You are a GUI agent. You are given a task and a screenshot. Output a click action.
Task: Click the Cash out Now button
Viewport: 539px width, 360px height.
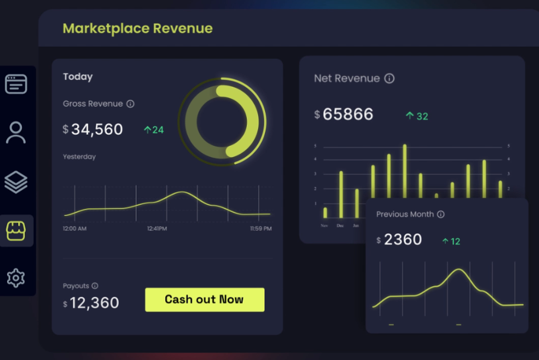pos(204,300)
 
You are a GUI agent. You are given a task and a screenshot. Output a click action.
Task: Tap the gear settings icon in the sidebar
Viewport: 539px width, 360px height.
pos(16,278)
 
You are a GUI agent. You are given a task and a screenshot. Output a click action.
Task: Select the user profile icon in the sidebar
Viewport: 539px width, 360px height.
pos(16,133)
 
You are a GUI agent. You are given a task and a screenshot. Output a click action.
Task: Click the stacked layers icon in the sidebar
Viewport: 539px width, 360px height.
pos(16,182)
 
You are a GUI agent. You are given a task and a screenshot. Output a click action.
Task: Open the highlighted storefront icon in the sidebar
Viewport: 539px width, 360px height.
pos(16,231)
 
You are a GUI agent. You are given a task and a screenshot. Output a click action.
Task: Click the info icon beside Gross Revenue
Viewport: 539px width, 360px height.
pos(130,104)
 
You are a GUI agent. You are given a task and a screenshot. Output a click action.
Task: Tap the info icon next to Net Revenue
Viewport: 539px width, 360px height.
pos(389,79)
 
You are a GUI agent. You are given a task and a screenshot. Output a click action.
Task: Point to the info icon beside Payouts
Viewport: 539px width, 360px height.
pos(95,286)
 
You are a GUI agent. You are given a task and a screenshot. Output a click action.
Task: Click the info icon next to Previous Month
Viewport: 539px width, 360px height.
pos(440,214)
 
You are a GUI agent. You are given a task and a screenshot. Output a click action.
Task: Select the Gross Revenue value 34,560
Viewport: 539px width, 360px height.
pos(97,129)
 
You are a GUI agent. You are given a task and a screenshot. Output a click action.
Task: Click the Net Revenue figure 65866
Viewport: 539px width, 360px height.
pos(348,114)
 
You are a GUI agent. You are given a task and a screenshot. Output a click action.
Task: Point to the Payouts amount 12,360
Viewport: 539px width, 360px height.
pos(94,303)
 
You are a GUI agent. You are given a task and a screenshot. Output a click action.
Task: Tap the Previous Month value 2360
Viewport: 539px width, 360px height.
pos(403,240)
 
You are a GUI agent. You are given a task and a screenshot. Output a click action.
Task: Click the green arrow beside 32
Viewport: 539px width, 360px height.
pos(410,116)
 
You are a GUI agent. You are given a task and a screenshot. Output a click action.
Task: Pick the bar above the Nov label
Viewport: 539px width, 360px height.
pos(325,212)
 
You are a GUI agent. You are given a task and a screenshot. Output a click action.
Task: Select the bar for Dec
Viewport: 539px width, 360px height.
pos(341,195)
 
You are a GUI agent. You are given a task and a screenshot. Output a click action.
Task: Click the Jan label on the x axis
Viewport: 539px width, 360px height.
pos(356,226)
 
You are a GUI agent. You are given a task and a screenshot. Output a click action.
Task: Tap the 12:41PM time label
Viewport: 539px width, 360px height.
pos(157,229)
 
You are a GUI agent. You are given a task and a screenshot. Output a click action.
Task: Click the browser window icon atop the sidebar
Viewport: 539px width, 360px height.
pos(16,84)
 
